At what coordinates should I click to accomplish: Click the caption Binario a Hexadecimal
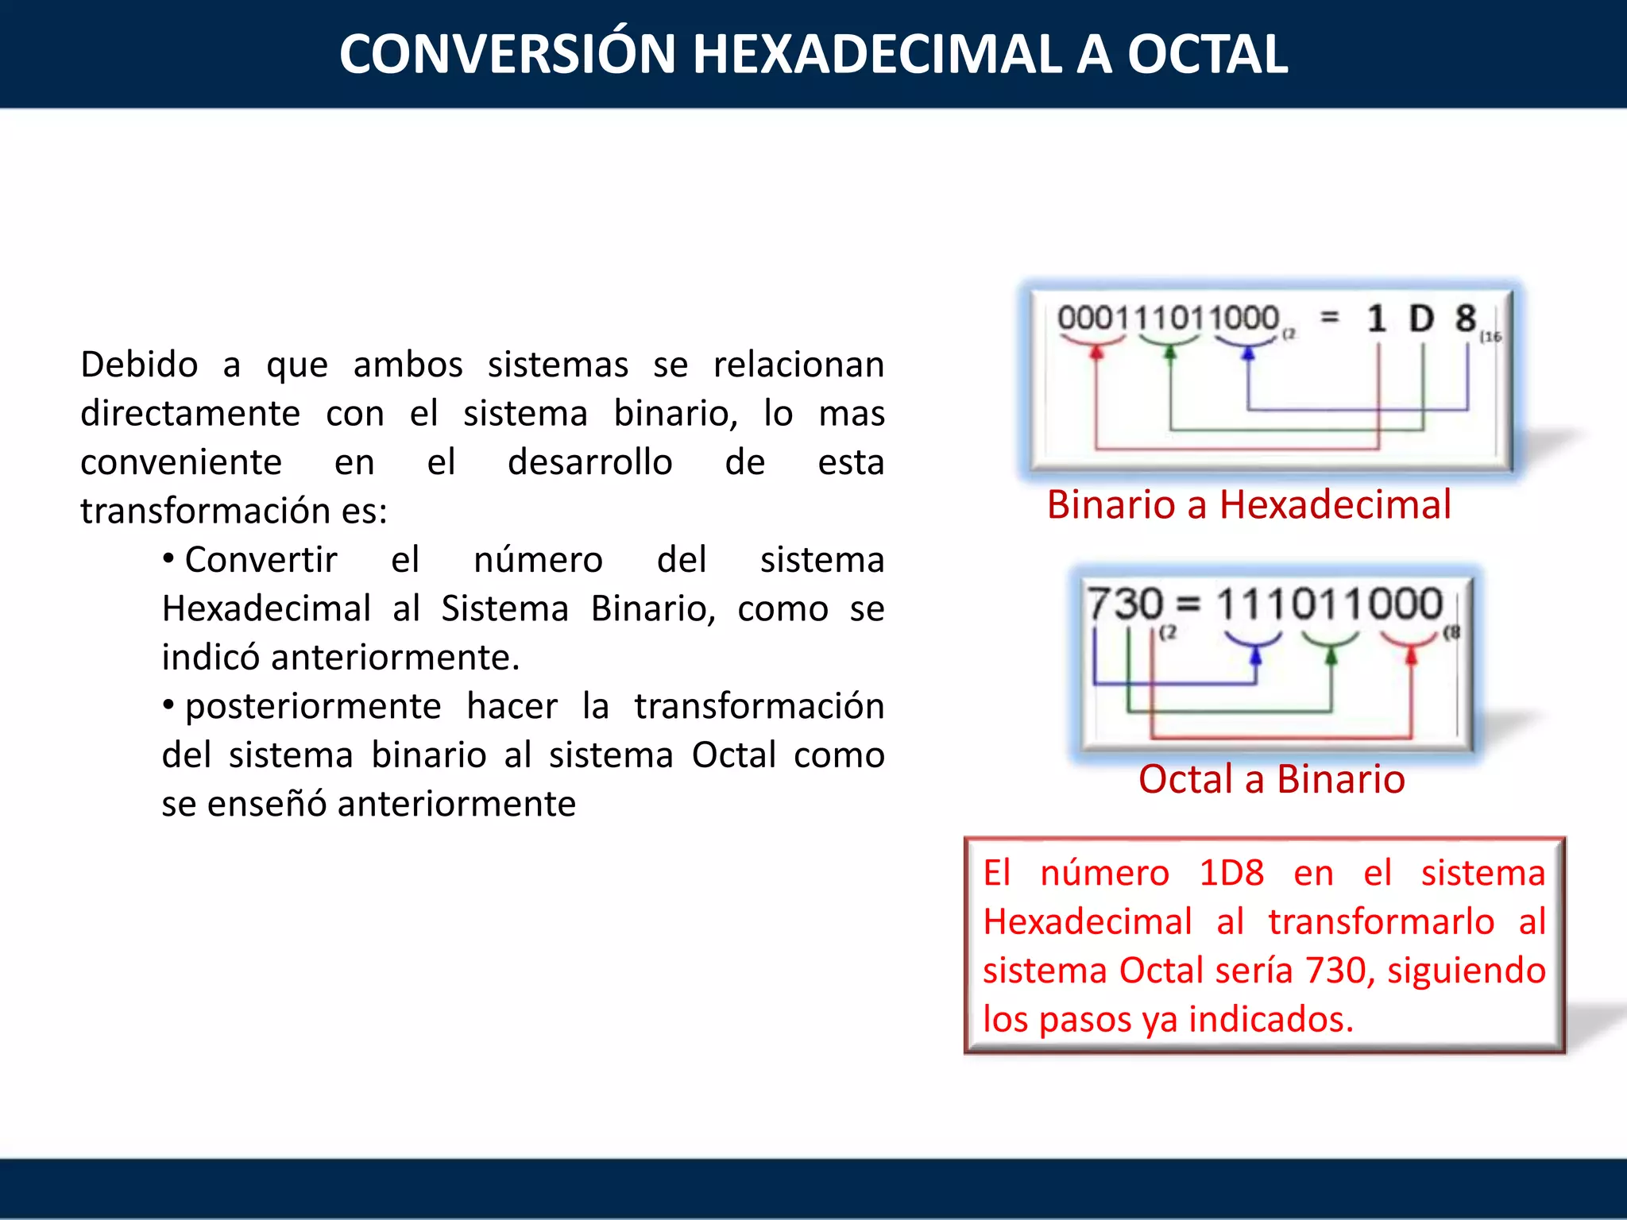(x=1249, y=505)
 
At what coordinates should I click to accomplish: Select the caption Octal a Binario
(x=1271, y=779)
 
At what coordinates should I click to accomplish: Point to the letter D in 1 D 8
(x=1421, y=319)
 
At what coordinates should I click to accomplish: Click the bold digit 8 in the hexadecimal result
(x=1466, y=319)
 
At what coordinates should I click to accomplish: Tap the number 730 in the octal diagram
(x=1124, y=604)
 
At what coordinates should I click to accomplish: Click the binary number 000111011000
(x=1168, y=319)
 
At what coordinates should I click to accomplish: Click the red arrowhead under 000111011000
(x=1097, y=352)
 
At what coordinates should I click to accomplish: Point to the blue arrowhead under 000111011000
(x=1248, y=353)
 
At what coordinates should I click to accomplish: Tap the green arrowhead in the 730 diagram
(x=1331, y=655)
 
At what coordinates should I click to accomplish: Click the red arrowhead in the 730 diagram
(x=1411, y=655)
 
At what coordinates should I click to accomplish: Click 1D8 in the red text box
(x=1231, y=874)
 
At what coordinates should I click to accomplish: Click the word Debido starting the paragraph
(x=139, y=365)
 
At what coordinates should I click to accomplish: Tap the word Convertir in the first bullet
(x=261, y=560)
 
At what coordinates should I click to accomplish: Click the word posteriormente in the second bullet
(x=313, y=707)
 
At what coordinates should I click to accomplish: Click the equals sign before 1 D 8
(x=1329, y=318)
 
